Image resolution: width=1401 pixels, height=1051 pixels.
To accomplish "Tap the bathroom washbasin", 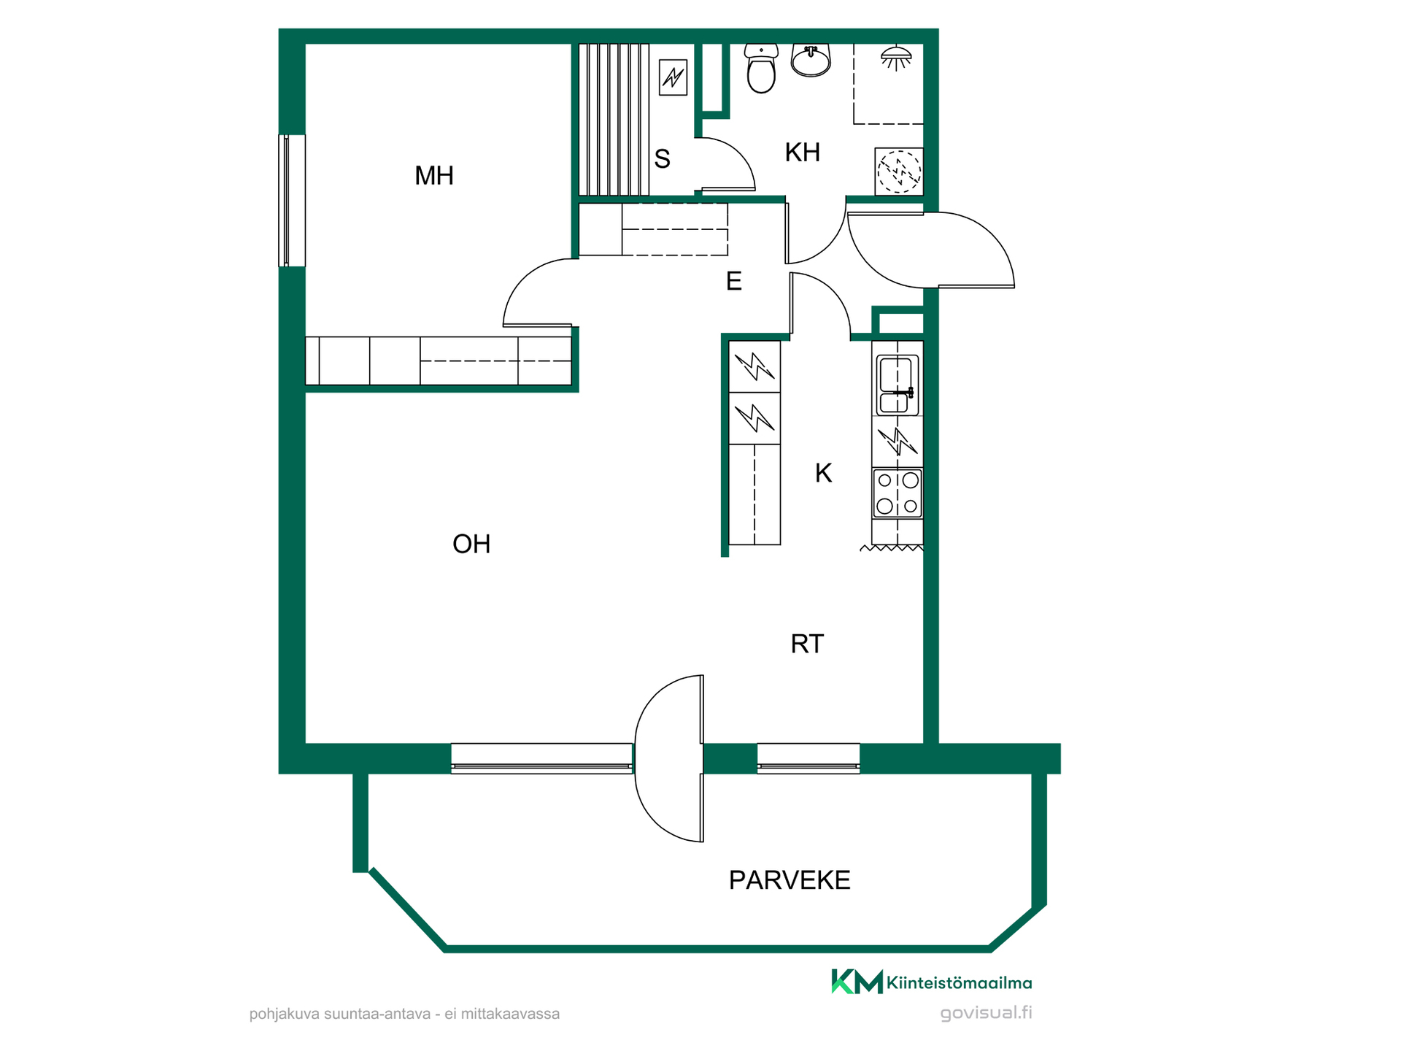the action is coord(811,61).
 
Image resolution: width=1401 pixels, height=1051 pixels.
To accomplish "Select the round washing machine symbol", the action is coord(899,172).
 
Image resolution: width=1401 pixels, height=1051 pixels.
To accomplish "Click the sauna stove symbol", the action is coord(673,77).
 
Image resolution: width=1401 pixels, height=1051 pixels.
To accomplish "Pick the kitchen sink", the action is coord(897,385).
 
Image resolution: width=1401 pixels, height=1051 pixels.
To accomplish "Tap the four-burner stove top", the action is coord(898,493).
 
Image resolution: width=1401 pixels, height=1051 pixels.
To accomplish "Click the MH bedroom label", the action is coord(434,176).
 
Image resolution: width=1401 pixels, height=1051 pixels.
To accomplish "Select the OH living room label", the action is coord(471,544).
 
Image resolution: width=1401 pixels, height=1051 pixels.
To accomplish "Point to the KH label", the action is coord(803,153).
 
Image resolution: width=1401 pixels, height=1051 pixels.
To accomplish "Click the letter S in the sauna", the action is coord(662,159).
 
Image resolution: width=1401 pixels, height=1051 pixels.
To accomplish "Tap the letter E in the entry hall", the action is coord(734,281).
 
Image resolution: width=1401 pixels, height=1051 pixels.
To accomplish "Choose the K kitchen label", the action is coord(823,474).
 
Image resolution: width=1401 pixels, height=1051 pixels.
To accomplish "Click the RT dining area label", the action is coord(807,644).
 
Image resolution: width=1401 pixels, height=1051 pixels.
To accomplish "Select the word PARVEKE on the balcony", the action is coord(790,880).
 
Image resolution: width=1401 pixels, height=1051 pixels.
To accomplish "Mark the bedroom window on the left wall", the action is coord(292,201).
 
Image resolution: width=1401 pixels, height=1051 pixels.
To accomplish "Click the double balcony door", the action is coord(669,758).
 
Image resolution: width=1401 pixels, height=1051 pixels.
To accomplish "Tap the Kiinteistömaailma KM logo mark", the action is coord(857,982).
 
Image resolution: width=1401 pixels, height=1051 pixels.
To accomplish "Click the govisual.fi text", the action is coord(986,1013).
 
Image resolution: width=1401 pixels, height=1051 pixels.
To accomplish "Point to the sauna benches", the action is coord(614,120).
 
